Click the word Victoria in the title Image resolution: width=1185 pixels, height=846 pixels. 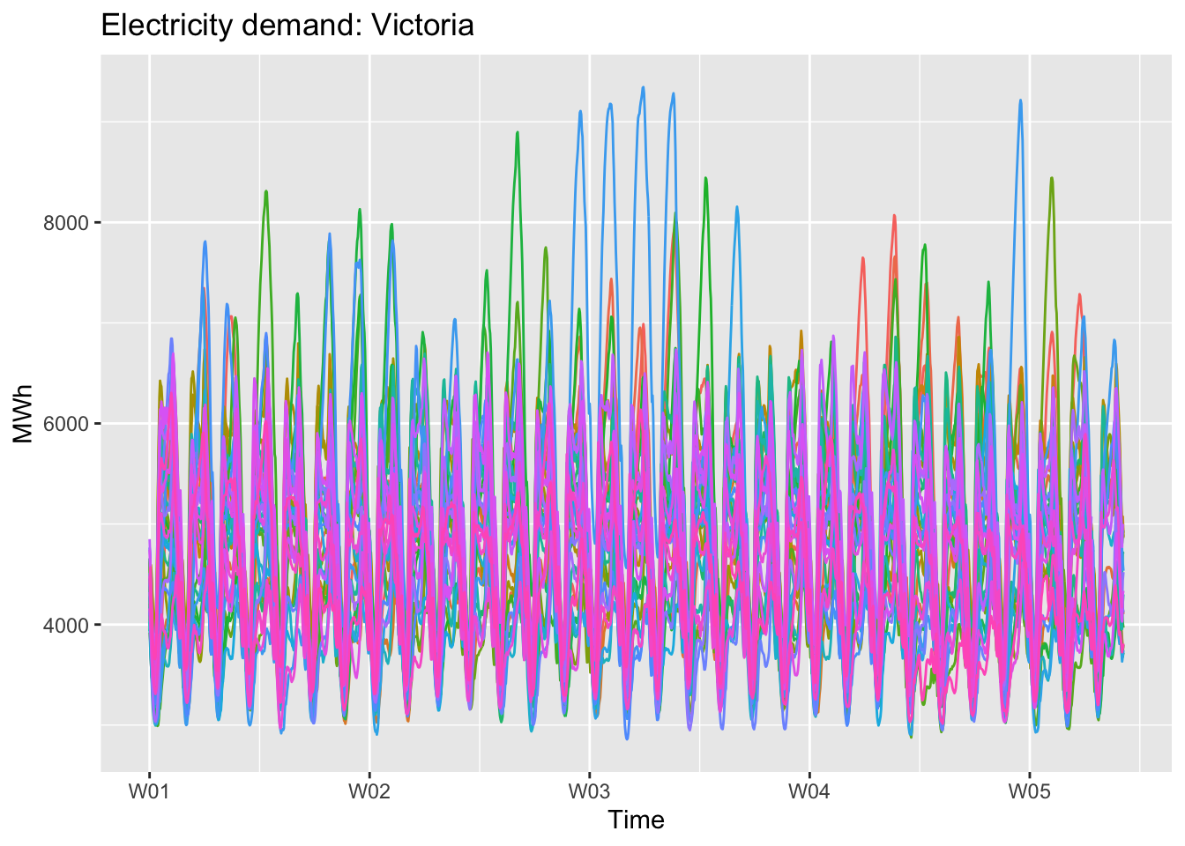[422, 26]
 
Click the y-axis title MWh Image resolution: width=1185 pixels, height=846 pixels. [23, 413]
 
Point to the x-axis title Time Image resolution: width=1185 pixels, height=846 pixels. [636, 820]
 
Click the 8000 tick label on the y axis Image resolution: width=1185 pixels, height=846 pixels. [66, 223]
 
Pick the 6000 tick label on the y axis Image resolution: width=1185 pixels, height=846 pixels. [66, 424]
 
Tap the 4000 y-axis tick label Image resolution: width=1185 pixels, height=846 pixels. [66, 626]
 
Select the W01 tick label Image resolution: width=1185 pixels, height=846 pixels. [149, 791]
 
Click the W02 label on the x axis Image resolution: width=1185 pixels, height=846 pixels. [369, 791]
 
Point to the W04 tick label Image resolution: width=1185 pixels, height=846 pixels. [809, 791]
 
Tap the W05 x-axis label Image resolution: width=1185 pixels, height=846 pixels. [1029, 791]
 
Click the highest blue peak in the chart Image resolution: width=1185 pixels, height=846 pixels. [643, 87]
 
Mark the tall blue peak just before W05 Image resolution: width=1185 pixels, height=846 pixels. [1020, 100]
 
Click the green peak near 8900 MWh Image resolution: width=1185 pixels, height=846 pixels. [518, 132]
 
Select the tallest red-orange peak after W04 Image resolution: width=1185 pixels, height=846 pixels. [894, 215]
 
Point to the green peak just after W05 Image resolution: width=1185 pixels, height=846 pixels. [1052, 178]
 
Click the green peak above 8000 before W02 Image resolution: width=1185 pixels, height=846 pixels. [265, 191]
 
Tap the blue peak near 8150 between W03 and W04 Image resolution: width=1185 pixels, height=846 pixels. [737, 207]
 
